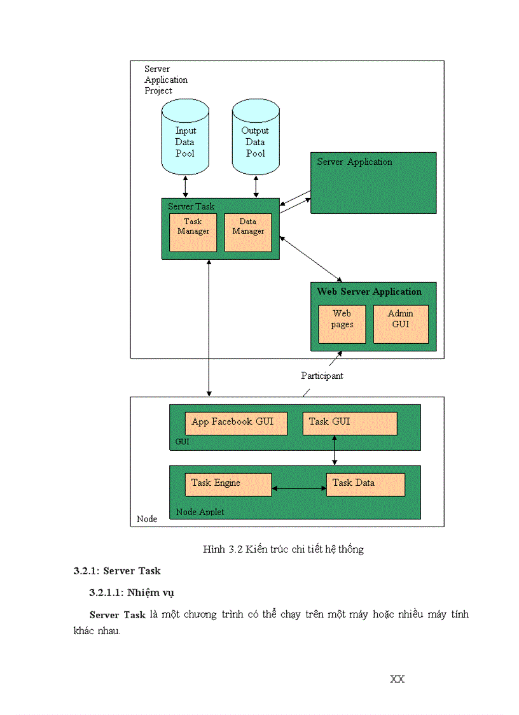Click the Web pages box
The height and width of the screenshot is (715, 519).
(x=342, y=324)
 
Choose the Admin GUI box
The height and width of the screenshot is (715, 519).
(x=401, y=324)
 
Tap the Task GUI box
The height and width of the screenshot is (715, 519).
(x=349, y=423)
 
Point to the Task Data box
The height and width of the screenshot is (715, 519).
(x=365, y=484)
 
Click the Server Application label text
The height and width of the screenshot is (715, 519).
(x=354, y=162)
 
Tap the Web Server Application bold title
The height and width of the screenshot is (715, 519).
(x=369, y=292)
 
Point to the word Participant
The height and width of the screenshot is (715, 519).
(x=322, y=376)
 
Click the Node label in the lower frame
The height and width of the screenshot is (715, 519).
(x=147, y=519)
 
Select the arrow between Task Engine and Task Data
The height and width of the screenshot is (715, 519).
(x=298, y=489)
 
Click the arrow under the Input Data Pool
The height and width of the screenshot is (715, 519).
(x=185, y=187)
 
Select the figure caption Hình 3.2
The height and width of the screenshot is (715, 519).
(x=283, y=549)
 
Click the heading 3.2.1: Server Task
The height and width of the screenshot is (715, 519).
(x=117, y=571)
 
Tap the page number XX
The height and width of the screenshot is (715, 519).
(x=397, y=679)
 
